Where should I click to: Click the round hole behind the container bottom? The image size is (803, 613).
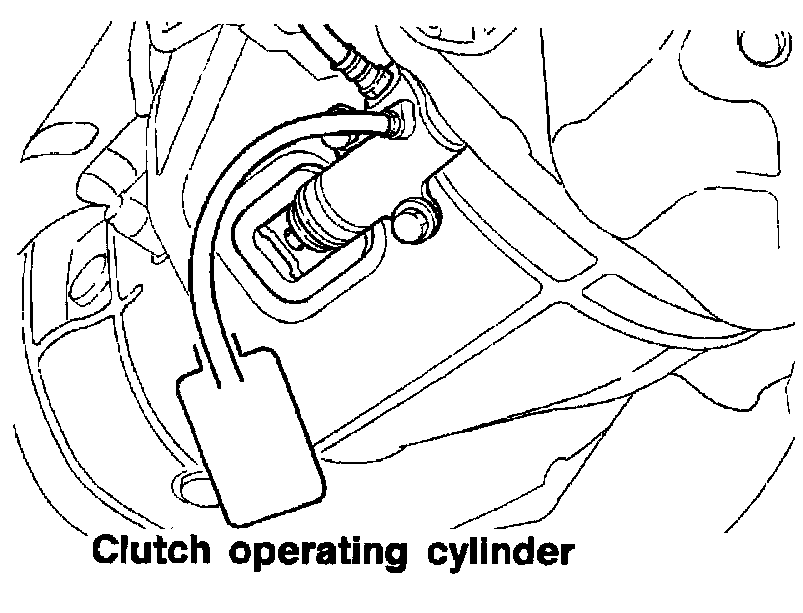tap(188, 484)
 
